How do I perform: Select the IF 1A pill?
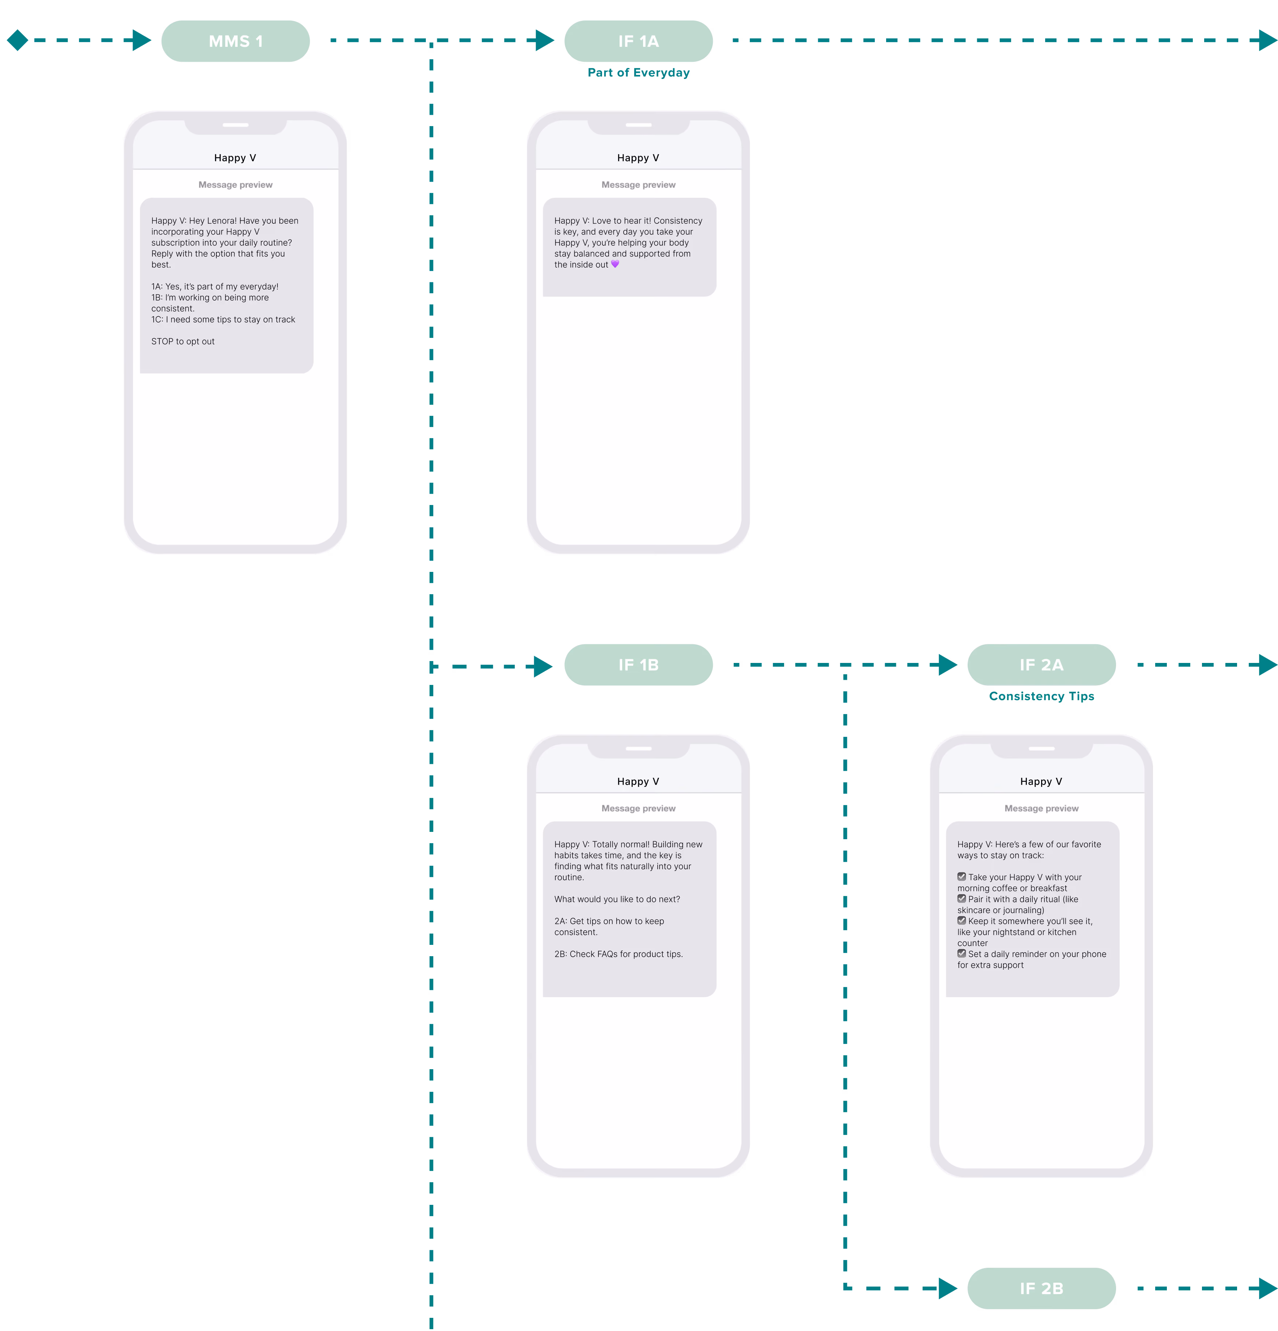pos(638,41)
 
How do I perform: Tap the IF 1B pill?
pos(638,665)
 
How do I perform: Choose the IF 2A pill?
pos(1041,665)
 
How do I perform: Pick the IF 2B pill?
pos(1041,1288)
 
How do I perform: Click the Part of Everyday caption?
pos(638,73)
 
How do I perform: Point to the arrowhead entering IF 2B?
pos(948,1288)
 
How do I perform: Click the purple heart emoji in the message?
pos(615,264)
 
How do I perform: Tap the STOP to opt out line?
pos(183,342)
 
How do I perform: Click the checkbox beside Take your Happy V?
pos(961,877)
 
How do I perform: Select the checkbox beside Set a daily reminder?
pos(961,953)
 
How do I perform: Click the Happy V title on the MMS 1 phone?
pos(235,158)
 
